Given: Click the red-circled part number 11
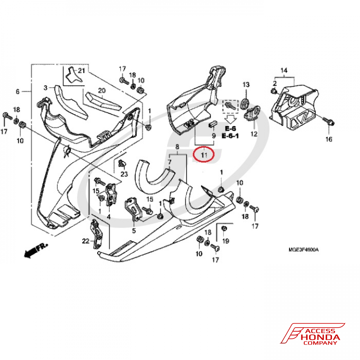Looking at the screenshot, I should (x=204, y=156).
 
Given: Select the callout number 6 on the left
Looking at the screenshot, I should (x=17, y=92).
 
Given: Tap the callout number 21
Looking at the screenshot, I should (x=81, y=71).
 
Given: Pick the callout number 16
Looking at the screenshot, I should (x=329, y=139).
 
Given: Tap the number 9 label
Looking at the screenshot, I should (x=213, y=136).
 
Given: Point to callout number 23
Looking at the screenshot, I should (x=124, y=174).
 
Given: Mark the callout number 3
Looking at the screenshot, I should (x=46, y=87).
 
